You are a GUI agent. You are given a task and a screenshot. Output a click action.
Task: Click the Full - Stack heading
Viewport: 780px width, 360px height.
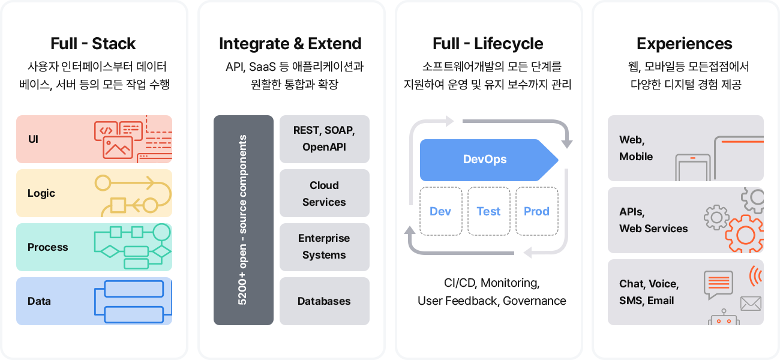93,44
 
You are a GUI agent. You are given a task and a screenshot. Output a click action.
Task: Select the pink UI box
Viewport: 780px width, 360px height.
94,139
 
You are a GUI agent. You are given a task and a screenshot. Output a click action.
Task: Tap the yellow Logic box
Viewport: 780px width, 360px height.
94,193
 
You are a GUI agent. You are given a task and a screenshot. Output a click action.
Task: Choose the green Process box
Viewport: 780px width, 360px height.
94,247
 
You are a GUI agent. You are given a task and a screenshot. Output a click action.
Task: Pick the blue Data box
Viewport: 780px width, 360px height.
94,301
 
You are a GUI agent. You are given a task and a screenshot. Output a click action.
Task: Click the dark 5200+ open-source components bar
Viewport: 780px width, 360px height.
244,220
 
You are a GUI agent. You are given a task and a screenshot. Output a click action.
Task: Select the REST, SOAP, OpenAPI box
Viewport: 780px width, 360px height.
324,139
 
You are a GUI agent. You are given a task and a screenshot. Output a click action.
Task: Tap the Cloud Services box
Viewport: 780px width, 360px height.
324,193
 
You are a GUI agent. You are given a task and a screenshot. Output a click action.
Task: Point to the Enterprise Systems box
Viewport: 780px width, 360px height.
324,247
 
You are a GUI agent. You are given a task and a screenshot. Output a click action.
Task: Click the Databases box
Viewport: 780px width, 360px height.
324,301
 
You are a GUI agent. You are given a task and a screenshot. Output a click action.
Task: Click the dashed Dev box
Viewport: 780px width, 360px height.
441,211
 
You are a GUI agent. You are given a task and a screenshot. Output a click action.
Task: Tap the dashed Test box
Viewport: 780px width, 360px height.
489,211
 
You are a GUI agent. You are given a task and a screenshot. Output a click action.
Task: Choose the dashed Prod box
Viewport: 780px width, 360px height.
537,211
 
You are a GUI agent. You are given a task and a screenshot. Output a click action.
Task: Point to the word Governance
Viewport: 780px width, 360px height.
535,301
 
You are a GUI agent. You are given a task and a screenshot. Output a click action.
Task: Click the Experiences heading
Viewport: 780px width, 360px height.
685,44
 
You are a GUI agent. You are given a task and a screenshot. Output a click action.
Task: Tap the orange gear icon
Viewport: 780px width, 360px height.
745,234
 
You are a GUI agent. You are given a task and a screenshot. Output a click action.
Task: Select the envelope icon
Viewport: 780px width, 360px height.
751,304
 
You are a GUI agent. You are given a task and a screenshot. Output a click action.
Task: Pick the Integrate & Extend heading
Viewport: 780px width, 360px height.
290,44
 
